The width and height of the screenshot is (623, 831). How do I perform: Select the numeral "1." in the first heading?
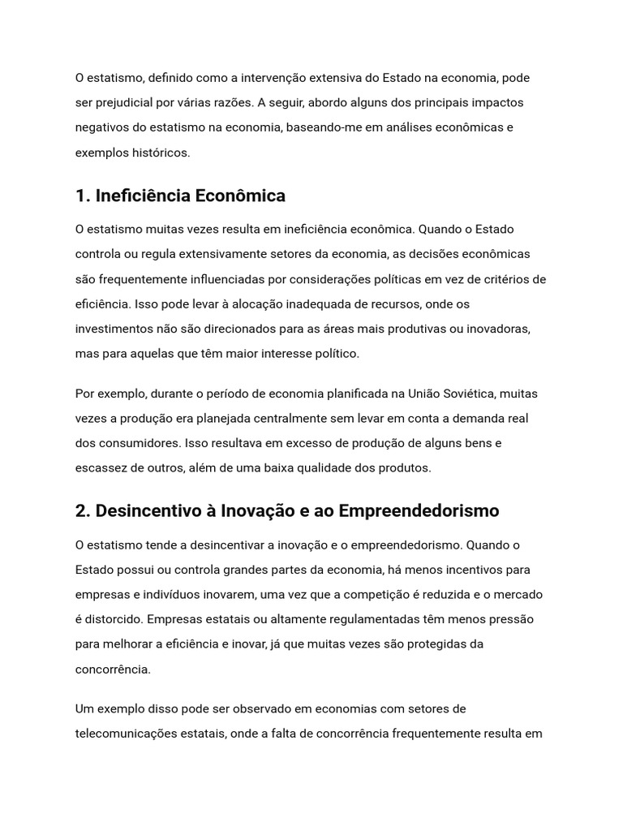82,196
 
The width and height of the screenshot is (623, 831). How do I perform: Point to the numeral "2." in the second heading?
82,511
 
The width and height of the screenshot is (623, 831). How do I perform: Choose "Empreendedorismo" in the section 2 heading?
419,511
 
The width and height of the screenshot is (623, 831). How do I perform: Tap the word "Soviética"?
468,394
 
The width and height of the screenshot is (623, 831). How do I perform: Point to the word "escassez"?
101,468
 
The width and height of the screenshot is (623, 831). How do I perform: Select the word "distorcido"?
113,619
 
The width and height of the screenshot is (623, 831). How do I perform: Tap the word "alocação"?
268,304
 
